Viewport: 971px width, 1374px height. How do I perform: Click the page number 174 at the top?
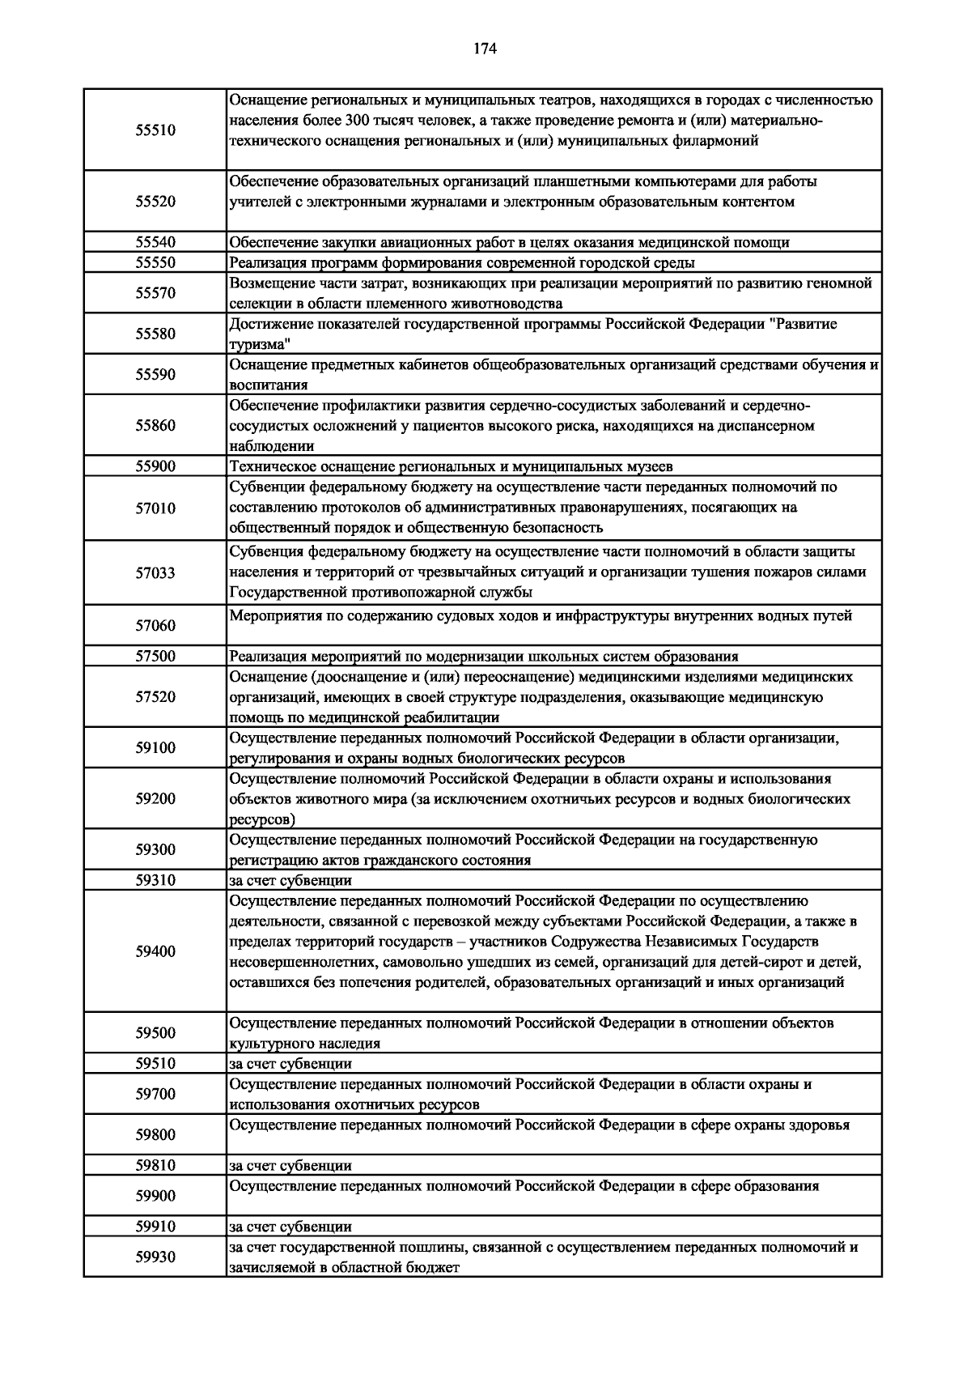(484, 49)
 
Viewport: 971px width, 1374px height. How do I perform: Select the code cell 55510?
(155, 130)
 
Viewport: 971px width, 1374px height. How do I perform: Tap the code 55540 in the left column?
(155, 242)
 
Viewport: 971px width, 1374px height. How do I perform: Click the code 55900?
(155, 466)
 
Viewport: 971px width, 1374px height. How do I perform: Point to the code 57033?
(155, 573)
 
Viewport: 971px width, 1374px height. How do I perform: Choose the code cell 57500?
(155, 657)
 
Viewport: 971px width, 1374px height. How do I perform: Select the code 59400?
(155, 951)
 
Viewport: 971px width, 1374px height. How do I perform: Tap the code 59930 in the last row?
(155, 1257)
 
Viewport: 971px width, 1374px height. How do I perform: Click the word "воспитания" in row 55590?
(268, 385)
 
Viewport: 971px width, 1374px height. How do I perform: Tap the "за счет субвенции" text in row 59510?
(290, 1064)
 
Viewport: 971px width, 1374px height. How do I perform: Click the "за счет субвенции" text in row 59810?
(290, 1166)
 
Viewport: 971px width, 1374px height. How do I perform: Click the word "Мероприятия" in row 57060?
(271, 616)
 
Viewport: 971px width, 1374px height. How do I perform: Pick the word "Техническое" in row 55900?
(268, 466)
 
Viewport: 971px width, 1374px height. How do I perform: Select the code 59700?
(155, 1094)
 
